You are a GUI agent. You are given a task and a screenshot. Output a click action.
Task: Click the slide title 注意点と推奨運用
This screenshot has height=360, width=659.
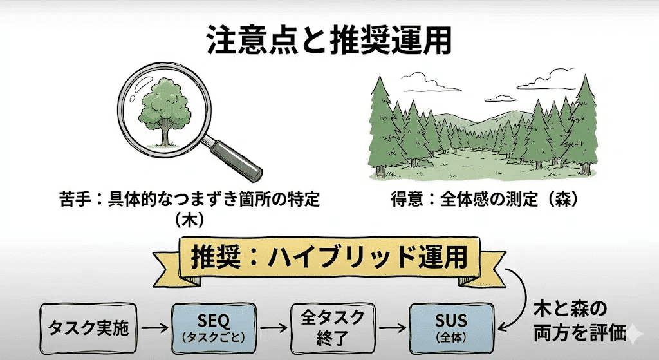[x=329, y=41]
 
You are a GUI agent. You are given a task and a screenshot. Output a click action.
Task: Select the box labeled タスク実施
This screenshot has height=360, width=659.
[x=88, y=328]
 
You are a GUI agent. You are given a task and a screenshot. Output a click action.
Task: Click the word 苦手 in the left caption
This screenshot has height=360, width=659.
[x=71, y=200]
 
